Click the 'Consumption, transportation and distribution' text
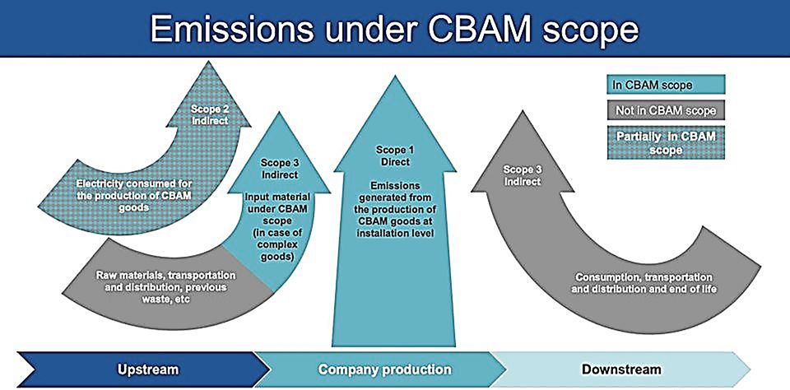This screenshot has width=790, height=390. (644, 284)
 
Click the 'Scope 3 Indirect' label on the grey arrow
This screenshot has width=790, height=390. (522, 174)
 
